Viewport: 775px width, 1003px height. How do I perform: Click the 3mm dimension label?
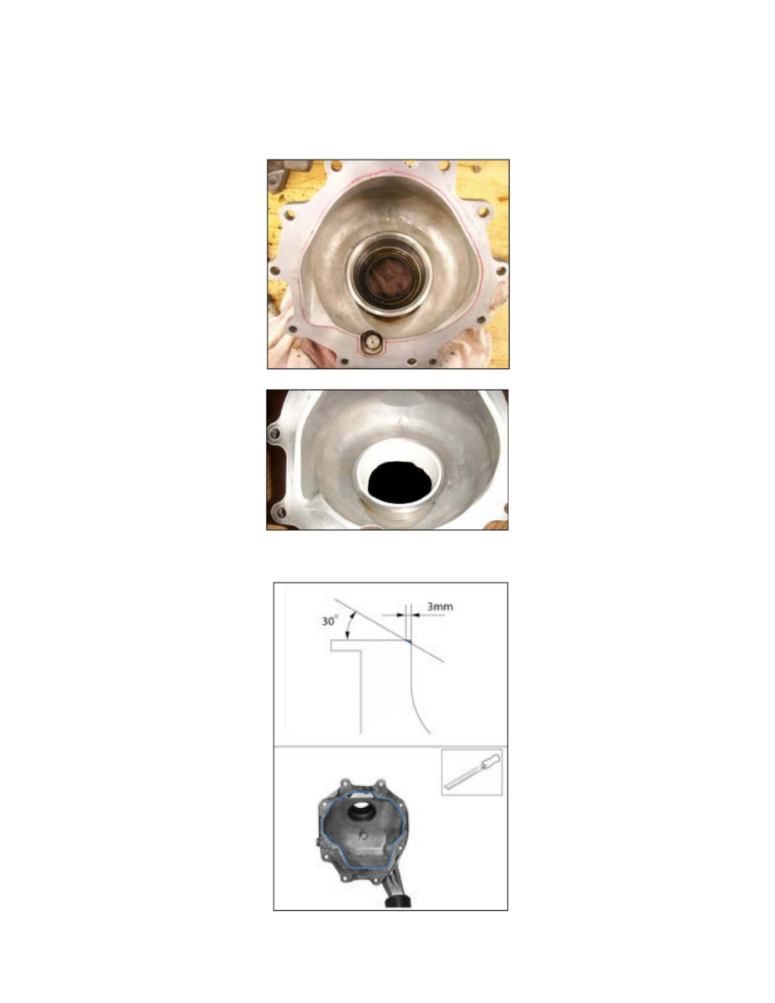pyautogui.click(x=440, y=605)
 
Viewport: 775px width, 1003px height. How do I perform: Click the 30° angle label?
pyautogui.click(x=330, y=621)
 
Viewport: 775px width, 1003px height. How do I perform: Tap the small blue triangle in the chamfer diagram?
pyautogui.click(x=408, y=640)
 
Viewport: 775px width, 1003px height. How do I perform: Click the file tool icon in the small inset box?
pyautogui.click(x=472, y=772)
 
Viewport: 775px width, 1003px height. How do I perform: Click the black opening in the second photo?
pyautogui.click(x=399, y=482)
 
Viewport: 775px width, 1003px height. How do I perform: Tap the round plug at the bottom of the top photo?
pyautogui.click(x=371, y=342)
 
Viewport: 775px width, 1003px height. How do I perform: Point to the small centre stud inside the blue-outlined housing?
pyautogui.click(x=363, y=835)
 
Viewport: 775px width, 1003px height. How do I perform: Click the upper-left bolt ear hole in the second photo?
pyautogui.click(x=275, y=434)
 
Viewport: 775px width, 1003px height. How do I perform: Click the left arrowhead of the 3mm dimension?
pyautogui.click(x=402, y=615)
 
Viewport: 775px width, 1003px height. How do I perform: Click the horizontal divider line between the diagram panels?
pyautogui.click(x=391, y=745)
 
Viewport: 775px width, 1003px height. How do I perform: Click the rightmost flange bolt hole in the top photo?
pyautogui.click(x=501, y=270)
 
